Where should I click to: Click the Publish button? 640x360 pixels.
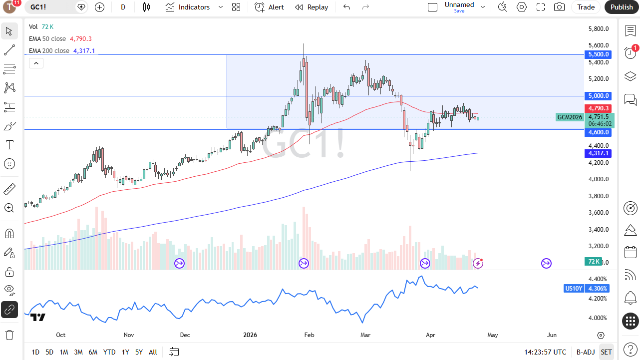622,7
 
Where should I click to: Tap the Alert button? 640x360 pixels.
270,7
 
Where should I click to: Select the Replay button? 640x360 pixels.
312,7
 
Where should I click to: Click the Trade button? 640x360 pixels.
586,7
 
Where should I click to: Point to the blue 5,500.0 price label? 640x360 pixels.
598,54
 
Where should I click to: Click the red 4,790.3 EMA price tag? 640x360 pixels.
598,108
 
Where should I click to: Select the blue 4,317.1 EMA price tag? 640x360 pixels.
598,153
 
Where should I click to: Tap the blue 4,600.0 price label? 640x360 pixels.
598,132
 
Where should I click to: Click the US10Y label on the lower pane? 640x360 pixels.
573,289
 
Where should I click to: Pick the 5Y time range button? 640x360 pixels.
139,352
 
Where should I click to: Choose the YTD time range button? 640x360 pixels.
109,352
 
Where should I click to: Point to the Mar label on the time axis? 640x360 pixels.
365,335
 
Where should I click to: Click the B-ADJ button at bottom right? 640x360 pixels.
585,352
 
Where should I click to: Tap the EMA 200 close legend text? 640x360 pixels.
49,50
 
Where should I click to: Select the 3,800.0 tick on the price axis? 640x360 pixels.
598,196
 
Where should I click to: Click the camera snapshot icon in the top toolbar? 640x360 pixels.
560,7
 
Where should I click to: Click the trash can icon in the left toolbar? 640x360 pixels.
9,335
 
